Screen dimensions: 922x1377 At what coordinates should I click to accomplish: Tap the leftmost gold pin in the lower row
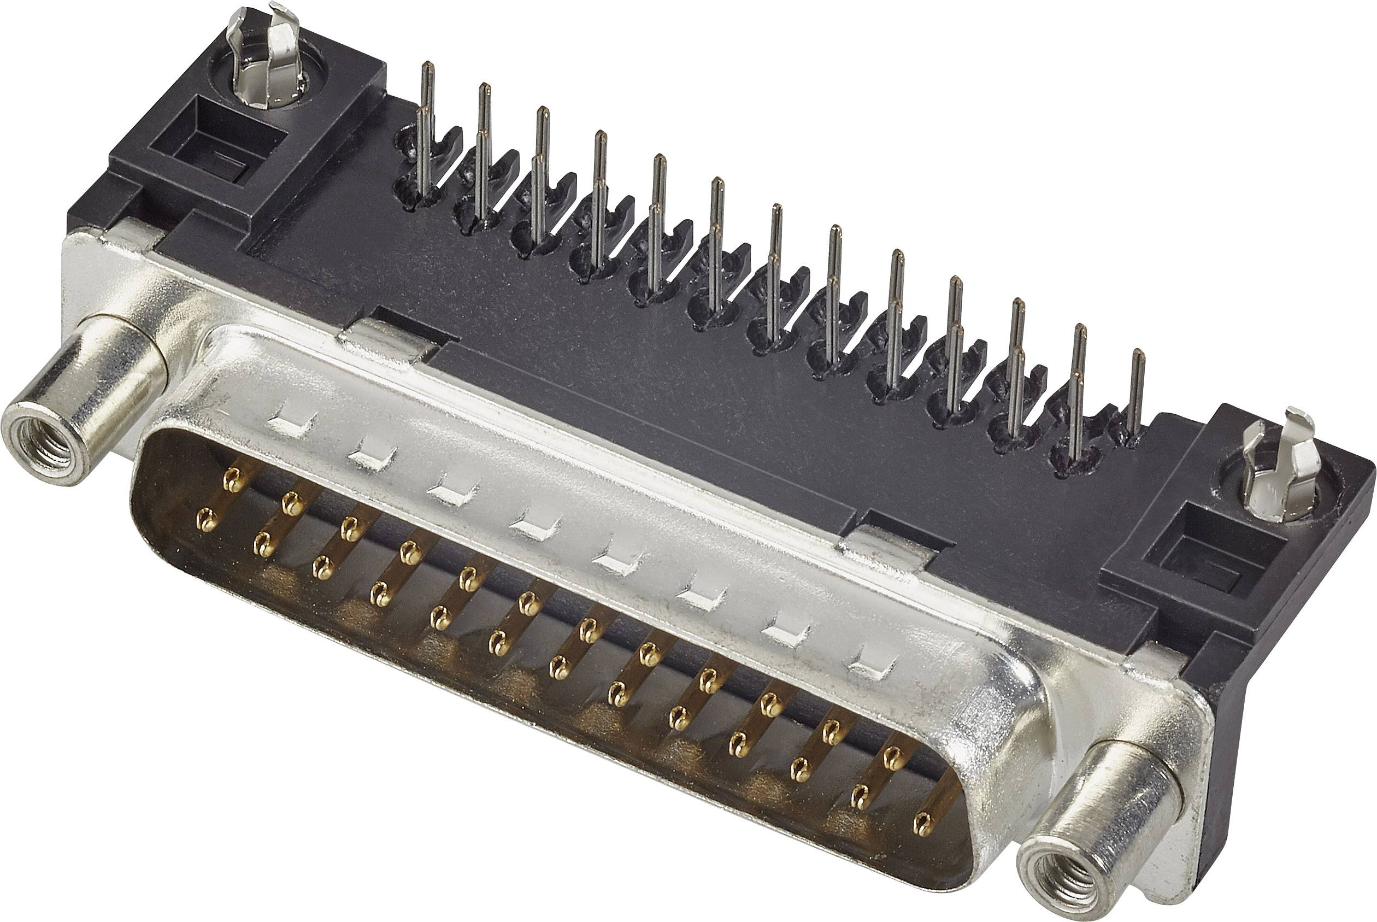204,519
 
